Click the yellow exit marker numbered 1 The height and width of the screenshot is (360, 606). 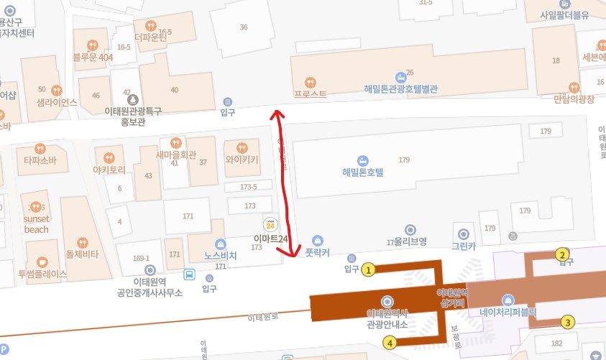[x=369, y=270]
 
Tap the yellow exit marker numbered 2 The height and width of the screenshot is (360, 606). [x=562, y=254]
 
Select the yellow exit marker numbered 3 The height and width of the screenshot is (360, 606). [x=568, y=322]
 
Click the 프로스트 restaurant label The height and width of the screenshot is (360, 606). [x=310, y=93]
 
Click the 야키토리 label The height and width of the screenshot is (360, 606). [x=109, y=170]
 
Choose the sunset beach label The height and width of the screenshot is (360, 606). [x=36, y=223]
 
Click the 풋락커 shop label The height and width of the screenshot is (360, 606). [x=317, y=252]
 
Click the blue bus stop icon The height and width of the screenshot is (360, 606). [x=189, y=274]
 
